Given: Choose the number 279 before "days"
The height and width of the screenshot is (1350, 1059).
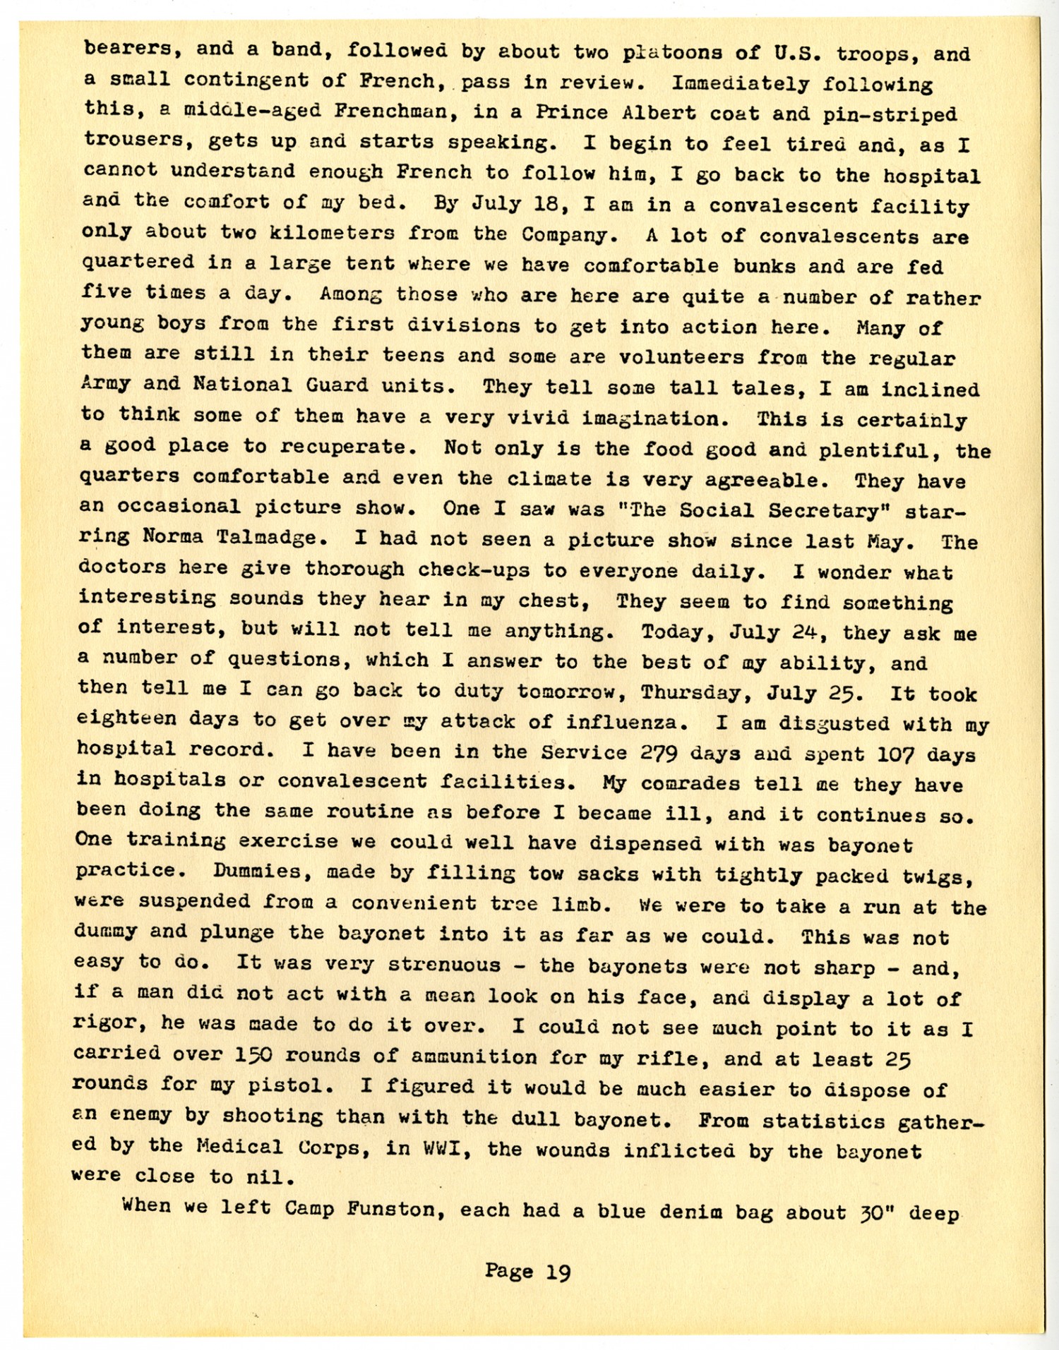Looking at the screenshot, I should pos(658,753).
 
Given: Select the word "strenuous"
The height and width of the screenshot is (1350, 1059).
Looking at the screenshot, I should pos(443,965).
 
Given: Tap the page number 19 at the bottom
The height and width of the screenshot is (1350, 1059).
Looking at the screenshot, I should pos(558,1272).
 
